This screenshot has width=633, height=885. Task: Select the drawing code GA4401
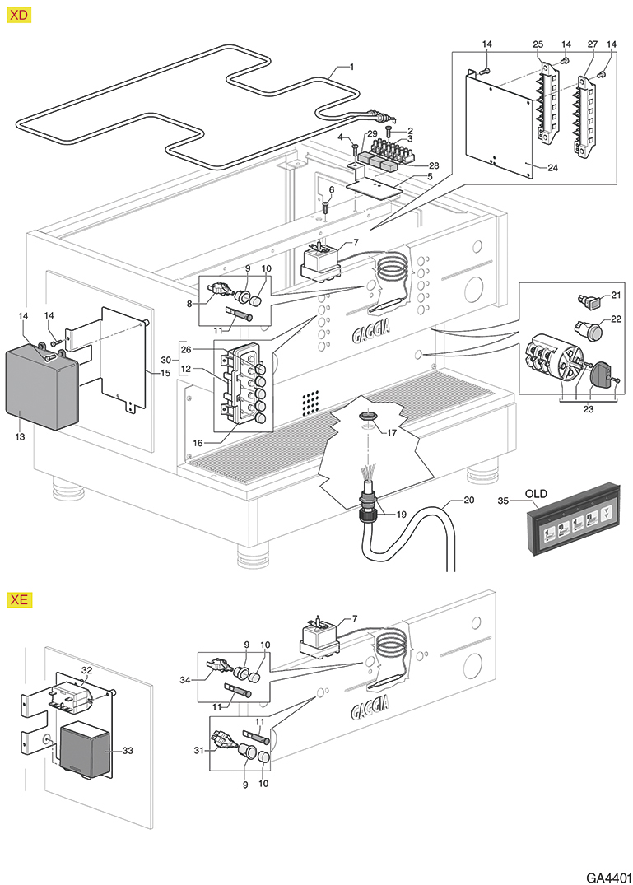tap(608, 873)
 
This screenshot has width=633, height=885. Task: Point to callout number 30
tap(165, 361)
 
